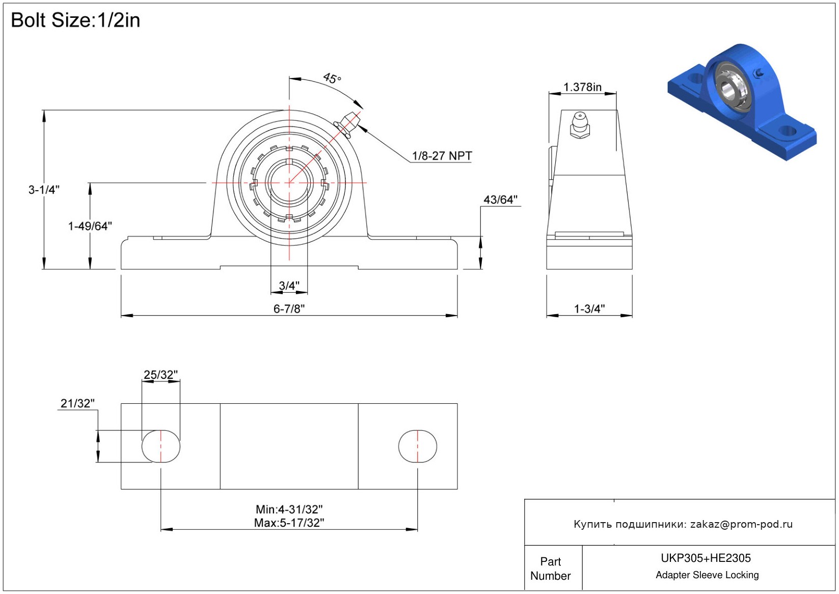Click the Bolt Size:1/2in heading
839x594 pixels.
pyautogui.click(x=75, y=20)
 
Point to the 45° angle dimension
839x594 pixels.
pyautogui.click(x=332, y=79)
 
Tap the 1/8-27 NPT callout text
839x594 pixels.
pyautogui.click(x=442, y=156)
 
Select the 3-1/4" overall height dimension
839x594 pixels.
pyautogui.click(x=44, y=190)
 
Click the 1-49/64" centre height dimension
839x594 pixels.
pyautogui.click(x=90, y=226)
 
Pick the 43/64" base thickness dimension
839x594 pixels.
pyautogui.click(x=500, y=199)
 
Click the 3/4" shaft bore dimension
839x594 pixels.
pyautogui.click(x=289, y=286)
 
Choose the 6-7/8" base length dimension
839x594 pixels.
pyautogui.click(x=289, y=308)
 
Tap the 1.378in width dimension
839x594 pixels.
pyautogui.click(x=582, y=87)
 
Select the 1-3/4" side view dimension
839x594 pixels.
pyautogui.click(x=589, y=308)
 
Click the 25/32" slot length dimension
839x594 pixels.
pyautogui.click(x=160, y=375)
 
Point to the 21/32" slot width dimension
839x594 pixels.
pyautogui.click(x=77, y=403)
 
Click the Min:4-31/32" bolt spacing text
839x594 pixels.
pyautogui.click(x=289, y=509)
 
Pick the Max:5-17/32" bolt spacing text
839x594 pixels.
pyautogui.click(x=289, y=523)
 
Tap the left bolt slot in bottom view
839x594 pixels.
pyautogui.click(x=160, y=446)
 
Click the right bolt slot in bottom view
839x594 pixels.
pyautogui.click(x=418, y=446)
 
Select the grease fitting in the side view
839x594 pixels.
pyautogui.click(x=580, y=125)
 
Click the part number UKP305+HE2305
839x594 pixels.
pyautogui.click(x=706, y=558)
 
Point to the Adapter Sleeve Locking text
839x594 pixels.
pyautogui.click(x=707, y=575)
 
